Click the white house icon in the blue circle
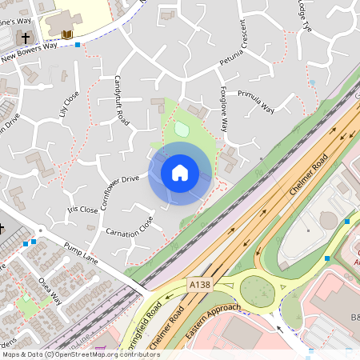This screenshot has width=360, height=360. pyautogui.click(x=180, y=172)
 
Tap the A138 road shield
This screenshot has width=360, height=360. pyautogui.click(x=200, y=284)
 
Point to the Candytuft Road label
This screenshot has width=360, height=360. pyautogui.click(x=122, y=100)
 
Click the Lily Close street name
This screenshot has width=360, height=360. pyautogui.click(x=70, y=102)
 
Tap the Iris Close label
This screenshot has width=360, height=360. pyautogui.click(x=83, y=210)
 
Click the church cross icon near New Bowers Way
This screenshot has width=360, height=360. pyautogui.click(x=25, y=38)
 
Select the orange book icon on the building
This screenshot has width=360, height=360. pyautogui.click(x=67, y=34)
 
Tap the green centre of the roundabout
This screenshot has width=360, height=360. pyautogui.click(x=260, y=291)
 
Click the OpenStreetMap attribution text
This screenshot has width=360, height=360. pyautogui.click(x=80, y=354)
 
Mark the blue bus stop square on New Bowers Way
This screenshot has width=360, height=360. pyautogui.click(x=77, y=45)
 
